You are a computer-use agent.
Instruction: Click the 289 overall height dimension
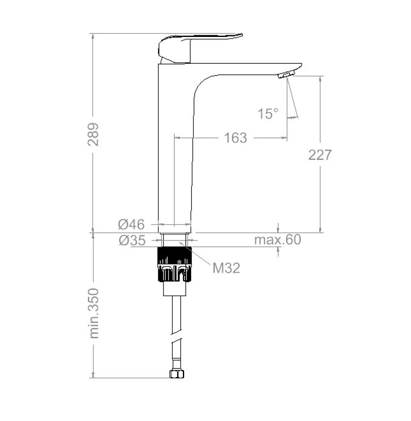coord(93,135)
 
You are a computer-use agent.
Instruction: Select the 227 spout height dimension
coord(320,155)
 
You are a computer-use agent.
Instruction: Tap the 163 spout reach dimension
coord(236,138)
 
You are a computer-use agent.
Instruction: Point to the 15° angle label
coord(268,114)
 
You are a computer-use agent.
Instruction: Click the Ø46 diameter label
coord(132,224)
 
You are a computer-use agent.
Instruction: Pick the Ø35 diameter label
coord(132,241)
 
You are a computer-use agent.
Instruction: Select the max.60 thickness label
coord(277,239)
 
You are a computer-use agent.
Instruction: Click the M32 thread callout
coord(226,268)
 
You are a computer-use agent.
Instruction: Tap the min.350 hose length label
coord(94,313)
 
